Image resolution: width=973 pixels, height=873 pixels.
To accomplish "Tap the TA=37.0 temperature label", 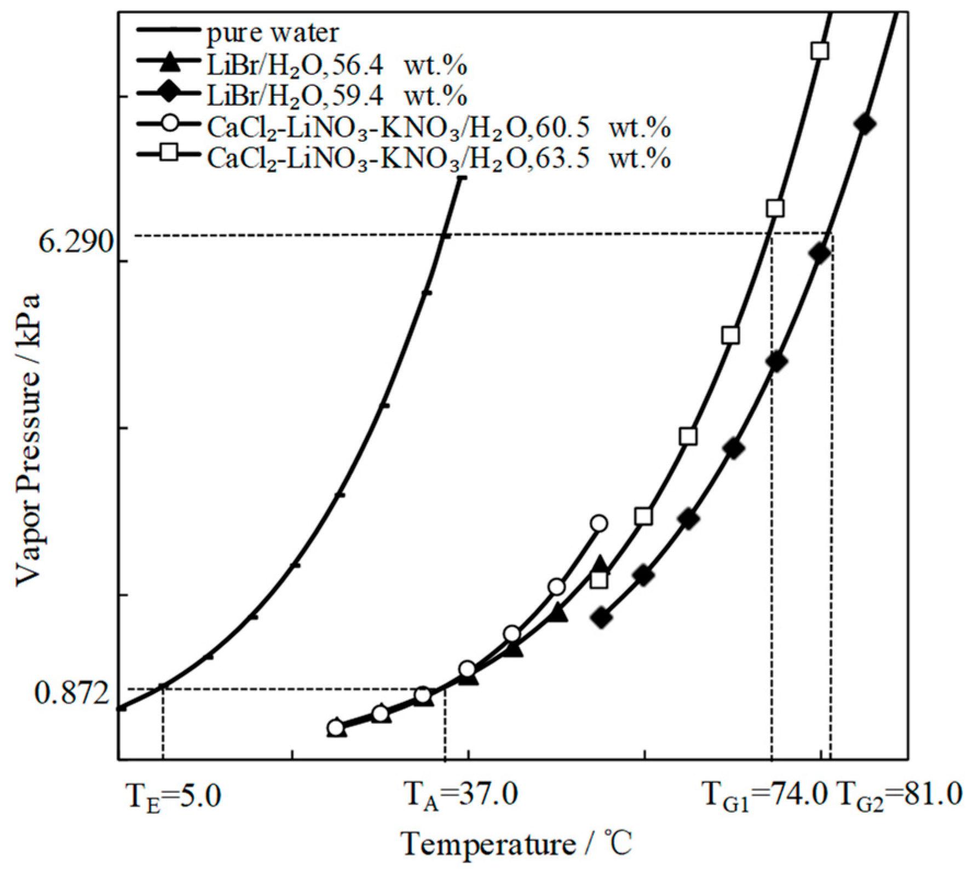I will tap(460, 796).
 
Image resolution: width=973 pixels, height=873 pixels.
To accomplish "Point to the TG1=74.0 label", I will tap(764, 796).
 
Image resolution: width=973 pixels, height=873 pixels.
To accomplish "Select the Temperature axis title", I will tap(517, 844).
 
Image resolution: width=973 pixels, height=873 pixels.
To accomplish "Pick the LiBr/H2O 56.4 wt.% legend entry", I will tap(337, 65).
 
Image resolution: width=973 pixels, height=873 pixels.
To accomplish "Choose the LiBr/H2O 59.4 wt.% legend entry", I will tap(337, 96).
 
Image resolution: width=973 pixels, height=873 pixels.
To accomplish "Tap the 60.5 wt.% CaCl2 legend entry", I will tap(438, 128).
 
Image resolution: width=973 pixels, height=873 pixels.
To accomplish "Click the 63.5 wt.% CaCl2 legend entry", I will tap(438, 159).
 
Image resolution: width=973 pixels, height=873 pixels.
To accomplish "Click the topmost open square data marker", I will tap(820, 51).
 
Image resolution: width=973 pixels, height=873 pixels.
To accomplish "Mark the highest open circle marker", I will tap(599, 524).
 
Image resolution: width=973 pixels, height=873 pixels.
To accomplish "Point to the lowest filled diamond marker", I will tap(601, 618).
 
